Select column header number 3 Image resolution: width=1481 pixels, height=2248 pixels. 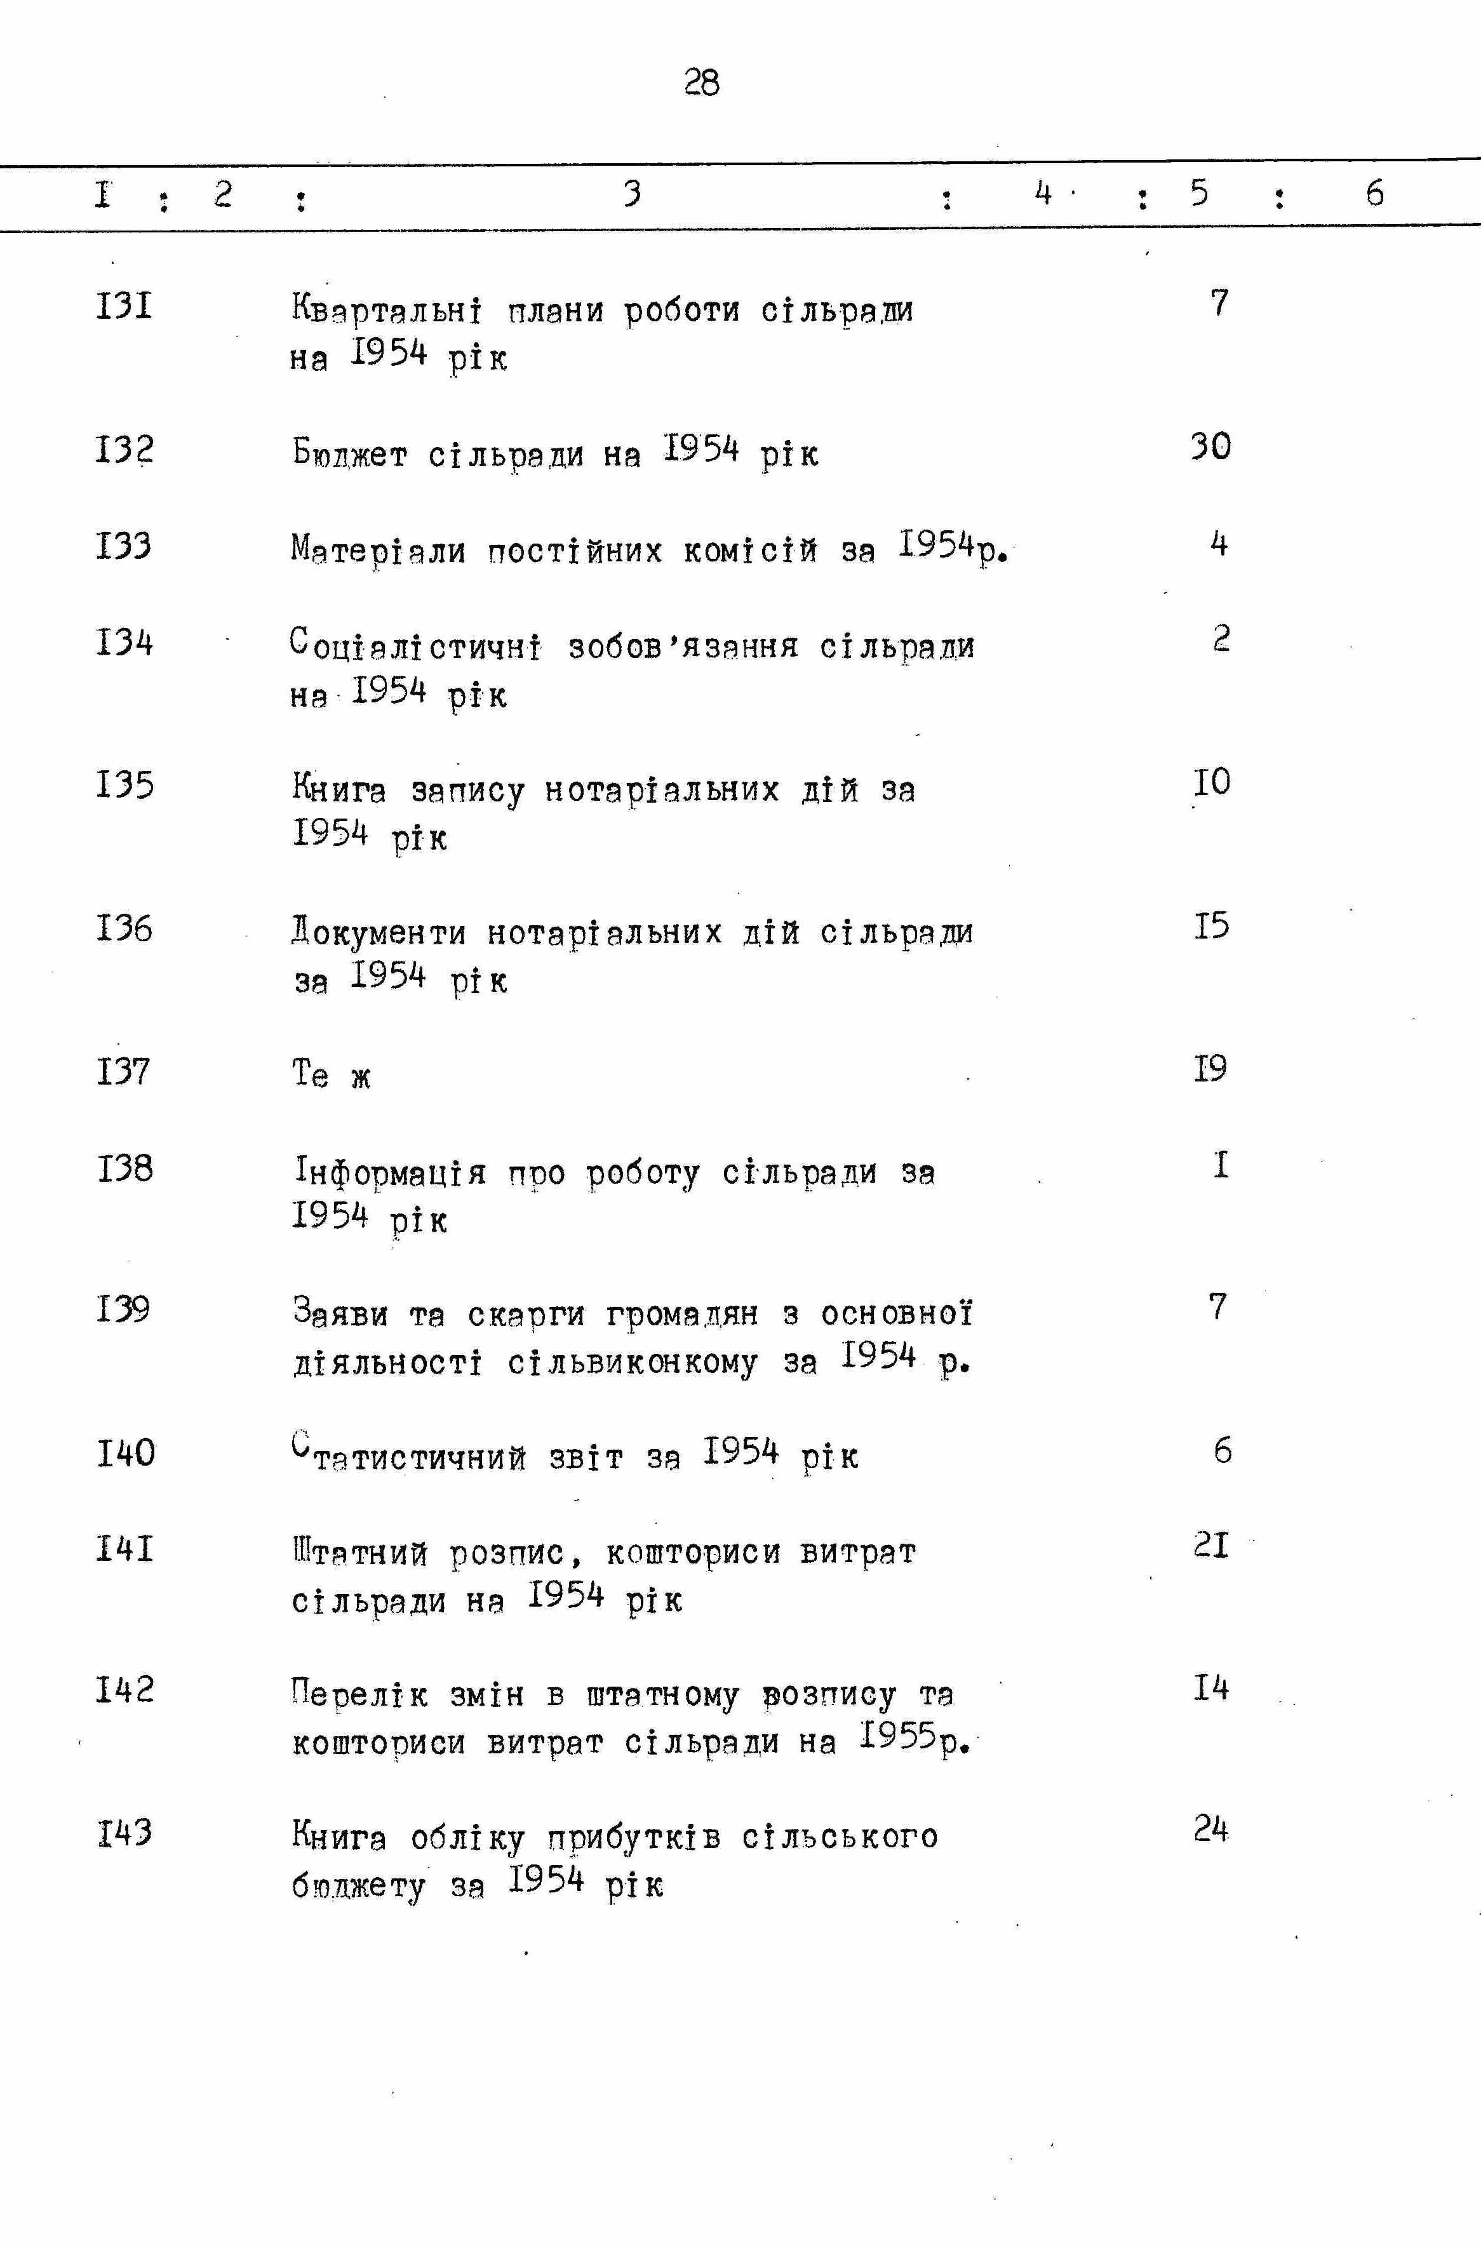pos(633,192)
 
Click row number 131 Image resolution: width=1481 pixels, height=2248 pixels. pos(124,306)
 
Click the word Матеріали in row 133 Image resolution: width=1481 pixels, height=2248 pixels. pos(379,550)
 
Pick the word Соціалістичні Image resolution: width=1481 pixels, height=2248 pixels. pos(415,647)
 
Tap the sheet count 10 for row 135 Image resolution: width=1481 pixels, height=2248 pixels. pos(1212,782)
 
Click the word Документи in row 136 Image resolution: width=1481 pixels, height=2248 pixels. pos(379,933)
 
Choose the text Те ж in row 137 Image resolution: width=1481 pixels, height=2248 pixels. pos(332,1075)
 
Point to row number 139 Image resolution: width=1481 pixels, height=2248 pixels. pos(124,1309)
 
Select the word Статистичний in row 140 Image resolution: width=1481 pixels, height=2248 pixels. pos(408,1455)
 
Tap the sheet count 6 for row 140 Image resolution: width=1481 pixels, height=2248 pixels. pos(1222,1450)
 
